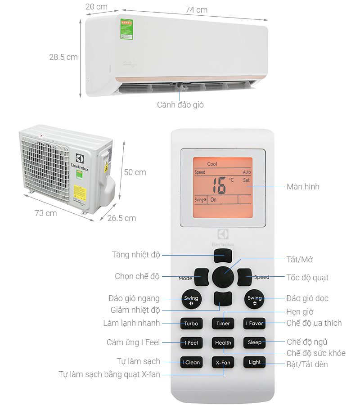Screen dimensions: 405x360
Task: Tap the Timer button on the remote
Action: tap(223, 323)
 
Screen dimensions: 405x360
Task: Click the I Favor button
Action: tap(254, 323)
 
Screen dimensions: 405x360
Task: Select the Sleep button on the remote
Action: tap(254, 342)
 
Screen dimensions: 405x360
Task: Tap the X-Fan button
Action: tap(223, 362)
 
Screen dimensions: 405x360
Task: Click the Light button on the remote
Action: tap(254, 362)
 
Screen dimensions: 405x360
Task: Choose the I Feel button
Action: tap(191, 342)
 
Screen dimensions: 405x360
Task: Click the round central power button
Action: tap(223, 275)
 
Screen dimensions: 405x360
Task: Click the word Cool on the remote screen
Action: tap(212, 164)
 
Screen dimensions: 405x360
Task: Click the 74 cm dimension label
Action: tap(197, 10)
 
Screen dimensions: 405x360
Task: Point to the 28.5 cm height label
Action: tap(63, 57)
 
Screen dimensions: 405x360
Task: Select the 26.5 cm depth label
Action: tap(121, 218)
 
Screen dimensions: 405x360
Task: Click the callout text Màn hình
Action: tap(303, 186)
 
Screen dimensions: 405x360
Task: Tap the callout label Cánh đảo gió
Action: tap(180, 105)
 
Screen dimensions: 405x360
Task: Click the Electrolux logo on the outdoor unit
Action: tap(79, 162)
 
